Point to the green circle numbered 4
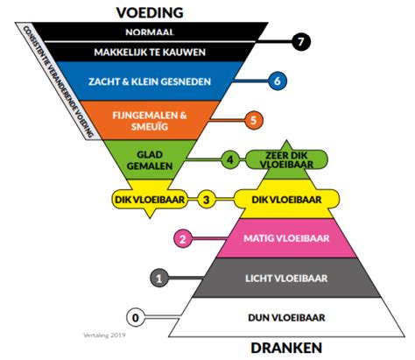229,159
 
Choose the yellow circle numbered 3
207,200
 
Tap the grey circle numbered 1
159,279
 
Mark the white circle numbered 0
135,317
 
